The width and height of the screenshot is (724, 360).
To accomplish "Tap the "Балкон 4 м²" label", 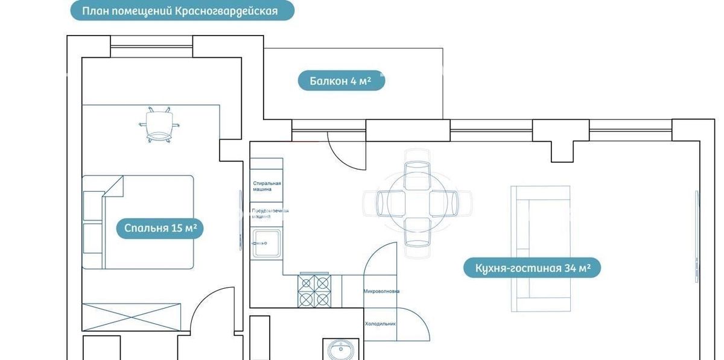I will pos(341,80).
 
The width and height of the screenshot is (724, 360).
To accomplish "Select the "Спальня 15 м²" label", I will pos(160,229).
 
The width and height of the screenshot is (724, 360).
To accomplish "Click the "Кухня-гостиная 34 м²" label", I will pos(532,268).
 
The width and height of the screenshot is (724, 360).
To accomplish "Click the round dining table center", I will pos(417,203).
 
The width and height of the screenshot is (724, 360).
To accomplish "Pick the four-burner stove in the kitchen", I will pos(314,291).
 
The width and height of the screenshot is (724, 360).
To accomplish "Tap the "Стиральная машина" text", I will pos(267,186).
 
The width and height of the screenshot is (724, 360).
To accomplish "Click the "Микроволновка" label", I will pos(381,291).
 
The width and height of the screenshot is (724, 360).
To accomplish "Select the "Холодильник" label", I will pos(380,324).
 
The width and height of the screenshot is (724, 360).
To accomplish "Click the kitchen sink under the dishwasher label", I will pos(266,242).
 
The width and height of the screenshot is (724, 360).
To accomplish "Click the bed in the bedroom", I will pos(139,222).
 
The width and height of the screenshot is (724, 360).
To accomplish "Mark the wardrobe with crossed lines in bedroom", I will pos(132,317).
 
